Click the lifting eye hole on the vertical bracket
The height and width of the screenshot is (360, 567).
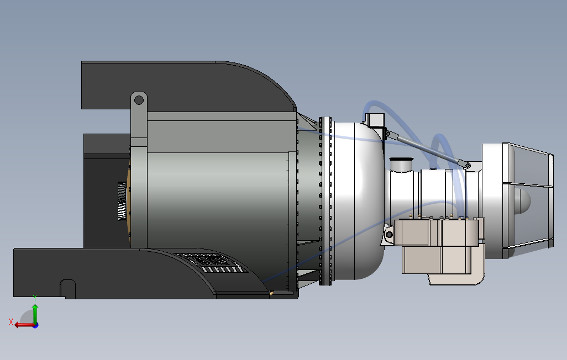(x=139, y=100)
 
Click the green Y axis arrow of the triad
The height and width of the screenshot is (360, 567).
(x=35, y=313)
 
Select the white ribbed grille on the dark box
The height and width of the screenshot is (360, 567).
(x=122, y=201)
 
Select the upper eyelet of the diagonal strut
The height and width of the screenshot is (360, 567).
(x=388, y=134)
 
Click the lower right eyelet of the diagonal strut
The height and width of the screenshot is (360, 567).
(x=467, y=165)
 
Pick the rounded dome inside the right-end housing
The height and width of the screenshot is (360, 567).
(x=522, y=202)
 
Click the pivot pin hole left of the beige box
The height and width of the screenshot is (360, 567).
(x=390, y=235)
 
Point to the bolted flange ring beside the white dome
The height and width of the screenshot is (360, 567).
(x=326, y=202)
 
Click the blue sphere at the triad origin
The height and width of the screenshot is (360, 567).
(x=35, y=325)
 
